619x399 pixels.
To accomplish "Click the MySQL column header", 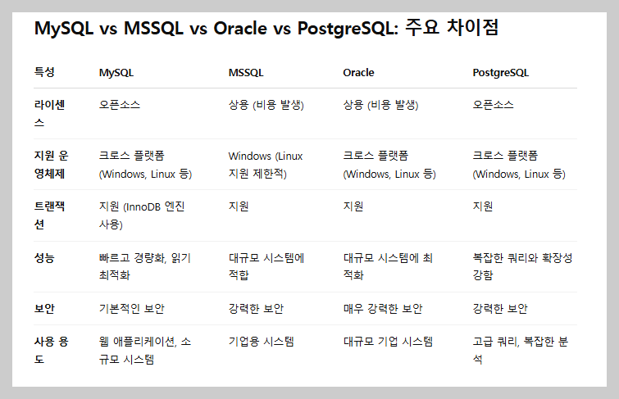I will point(116,72).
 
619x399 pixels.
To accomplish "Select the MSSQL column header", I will point(246,72).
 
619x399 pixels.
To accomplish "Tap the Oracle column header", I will point(358,72).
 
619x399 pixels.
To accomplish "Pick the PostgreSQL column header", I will point(501,72).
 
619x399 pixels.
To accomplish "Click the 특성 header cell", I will point(44,72).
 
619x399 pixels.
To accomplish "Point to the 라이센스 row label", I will point(50,113).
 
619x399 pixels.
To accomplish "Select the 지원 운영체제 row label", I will point(50,164).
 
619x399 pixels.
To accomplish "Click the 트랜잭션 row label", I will point(50,215).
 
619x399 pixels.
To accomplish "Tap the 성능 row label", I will point(44,257).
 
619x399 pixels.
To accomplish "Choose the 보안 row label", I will point(44,309).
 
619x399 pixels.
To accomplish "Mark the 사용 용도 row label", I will point(50,350).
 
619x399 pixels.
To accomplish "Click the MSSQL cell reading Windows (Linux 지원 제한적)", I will point(266,165).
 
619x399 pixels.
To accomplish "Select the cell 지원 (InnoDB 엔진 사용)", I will point(144,215).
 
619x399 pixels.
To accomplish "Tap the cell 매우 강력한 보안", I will point(383,309).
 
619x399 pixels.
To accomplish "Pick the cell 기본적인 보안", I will point(131,309).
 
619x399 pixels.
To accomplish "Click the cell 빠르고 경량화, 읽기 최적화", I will point(144,266).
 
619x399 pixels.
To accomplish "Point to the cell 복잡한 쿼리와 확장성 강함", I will point(522,266).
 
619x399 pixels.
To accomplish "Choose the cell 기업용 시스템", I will point(261,341).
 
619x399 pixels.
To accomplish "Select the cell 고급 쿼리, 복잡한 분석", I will point(521,350).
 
